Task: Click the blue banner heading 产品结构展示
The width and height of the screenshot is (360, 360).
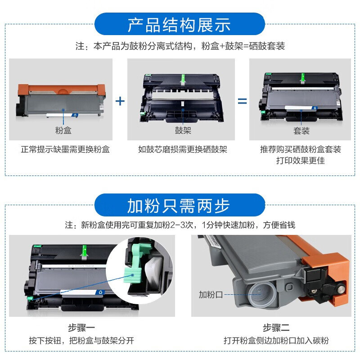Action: [179, 24]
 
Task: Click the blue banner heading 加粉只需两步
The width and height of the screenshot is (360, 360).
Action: [179, 205]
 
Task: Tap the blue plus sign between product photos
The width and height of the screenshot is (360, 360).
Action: [120, 101]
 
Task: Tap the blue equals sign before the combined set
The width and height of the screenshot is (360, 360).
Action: [243, 101]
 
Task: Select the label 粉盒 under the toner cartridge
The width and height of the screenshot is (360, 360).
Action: [63, 131]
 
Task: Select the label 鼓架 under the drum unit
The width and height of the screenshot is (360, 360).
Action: [183, 131]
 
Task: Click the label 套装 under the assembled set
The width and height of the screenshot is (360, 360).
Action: [301, 131]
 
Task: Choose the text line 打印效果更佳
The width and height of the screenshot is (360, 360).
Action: [301, 161]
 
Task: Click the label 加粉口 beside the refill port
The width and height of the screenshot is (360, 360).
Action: [211, 295]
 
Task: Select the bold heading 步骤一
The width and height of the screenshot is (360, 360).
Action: [82, 328]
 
